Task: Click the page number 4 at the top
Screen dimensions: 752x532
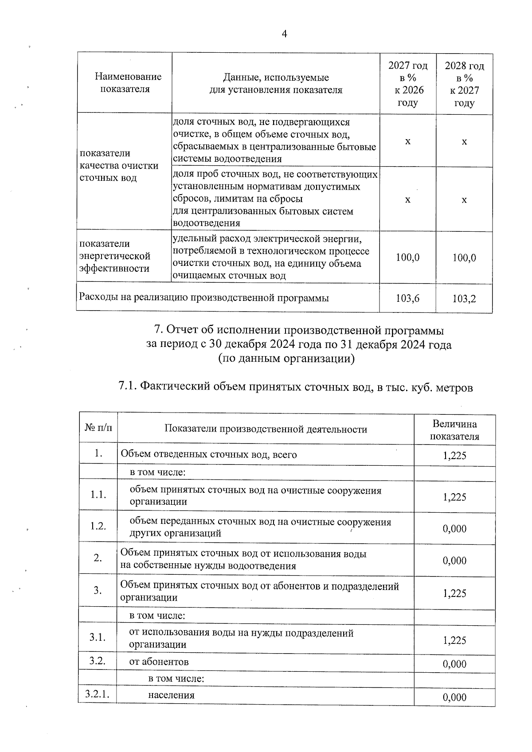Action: tap(284, 34)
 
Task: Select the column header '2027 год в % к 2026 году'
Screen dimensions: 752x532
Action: tap(408, 84)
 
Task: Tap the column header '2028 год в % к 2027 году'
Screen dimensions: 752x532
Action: tap(464, 84)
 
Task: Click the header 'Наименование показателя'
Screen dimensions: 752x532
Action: tap(128, 83)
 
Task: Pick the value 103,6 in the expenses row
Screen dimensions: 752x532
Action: tap(408, 298)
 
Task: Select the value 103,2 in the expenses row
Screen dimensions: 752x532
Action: tap(464, 299)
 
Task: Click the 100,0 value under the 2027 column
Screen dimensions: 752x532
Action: tap(408, 257)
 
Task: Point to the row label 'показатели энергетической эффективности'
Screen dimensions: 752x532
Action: tap(115, 256)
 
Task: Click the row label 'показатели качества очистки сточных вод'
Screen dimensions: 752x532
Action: tap(119, 166)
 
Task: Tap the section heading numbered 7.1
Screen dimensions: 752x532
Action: tap(296, 387)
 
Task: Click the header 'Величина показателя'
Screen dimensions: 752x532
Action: tap(454, 430)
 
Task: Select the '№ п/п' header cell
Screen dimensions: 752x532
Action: tap(98, 428)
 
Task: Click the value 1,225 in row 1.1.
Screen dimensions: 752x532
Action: tap(454, 497)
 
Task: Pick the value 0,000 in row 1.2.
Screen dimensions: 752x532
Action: tap(454, 529)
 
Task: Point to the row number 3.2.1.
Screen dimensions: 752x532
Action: tap(98, 694)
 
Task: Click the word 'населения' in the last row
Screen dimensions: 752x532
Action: tap(171, 695)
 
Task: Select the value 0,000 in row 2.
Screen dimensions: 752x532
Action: tap(454, 561)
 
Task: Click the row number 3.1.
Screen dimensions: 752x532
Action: tap(98, 638)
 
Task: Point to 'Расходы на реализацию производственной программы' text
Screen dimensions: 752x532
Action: tap(204, 298)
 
